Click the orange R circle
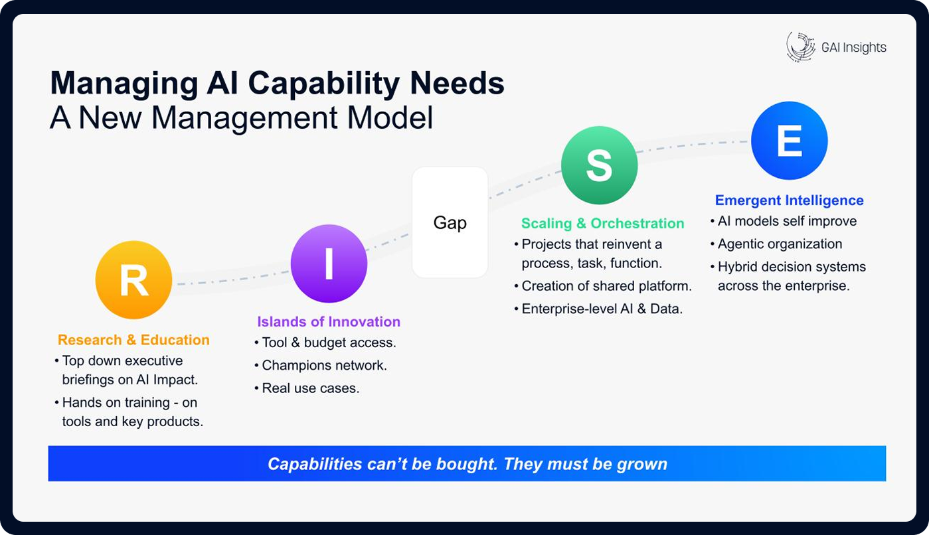133,281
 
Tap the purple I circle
329,264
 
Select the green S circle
599,166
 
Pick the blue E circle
789,140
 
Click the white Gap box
450,222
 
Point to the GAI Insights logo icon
800,46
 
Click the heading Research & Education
133,340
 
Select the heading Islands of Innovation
329,322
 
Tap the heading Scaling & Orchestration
602,224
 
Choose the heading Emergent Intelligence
789,200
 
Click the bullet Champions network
324,365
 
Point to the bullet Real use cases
310,388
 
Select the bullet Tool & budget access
329,343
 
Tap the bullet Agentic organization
780,244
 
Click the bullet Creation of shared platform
606,286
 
